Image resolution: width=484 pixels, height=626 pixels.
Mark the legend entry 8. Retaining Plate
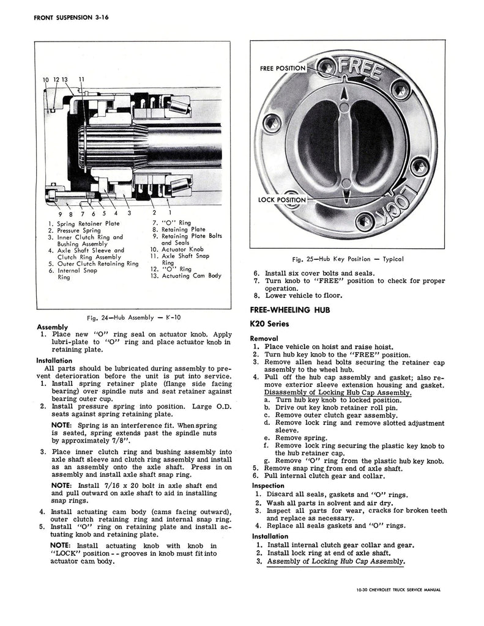(178, 230)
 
